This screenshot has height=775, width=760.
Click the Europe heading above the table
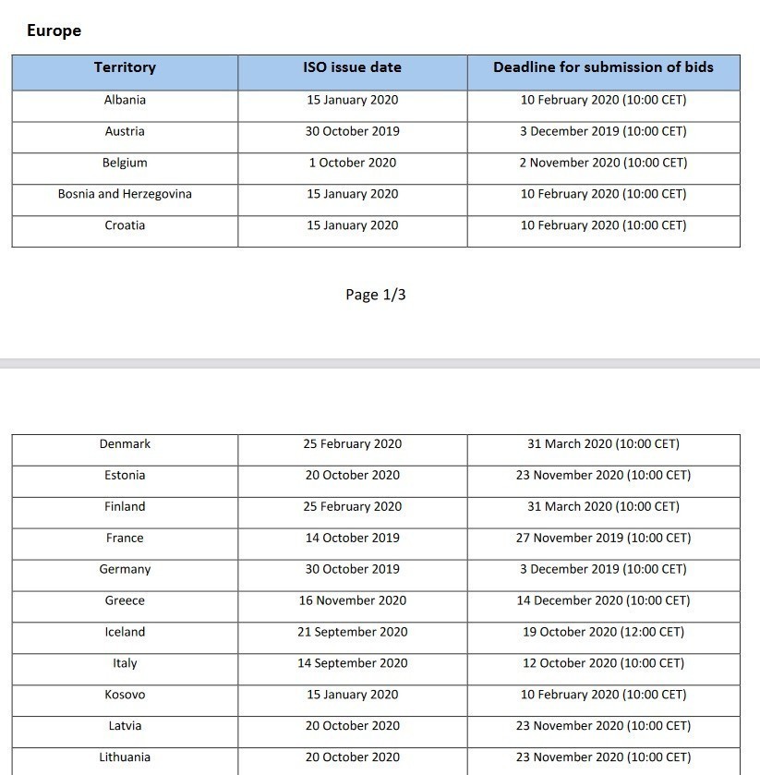pyautogui.click(x=54, y=30)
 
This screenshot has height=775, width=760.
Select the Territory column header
pyautogui.click(x=125, y=67)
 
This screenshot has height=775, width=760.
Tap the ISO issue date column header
pyautogui.click(x=352, y=67)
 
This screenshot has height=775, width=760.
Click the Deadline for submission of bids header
pyautogui.click(x=603, y=67)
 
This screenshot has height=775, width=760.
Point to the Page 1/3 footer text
pyautogui.click(x=376, y=295)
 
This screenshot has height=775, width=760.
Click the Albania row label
pyautogui.click(x=125, y=100)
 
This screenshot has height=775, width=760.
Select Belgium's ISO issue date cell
pyautogui.click(x=352, y=163)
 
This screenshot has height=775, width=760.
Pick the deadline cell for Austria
pyautogui.click(x=603, y=131)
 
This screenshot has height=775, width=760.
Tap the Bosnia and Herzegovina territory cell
pyautogui.click(x=125, y=194)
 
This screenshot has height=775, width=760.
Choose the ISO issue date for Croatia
pyautogui.click(x=352, y=225)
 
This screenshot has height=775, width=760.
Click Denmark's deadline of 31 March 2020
pyautogui.click(x=603, y=444)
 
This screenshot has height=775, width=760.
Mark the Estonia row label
pyautogui.click(x=125, y=476)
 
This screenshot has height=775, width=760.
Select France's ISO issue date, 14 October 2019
pyautogui.click(x=352, y=539)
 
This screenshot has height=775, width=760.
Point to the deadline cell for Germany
pyautogui.click(x=603, y=570)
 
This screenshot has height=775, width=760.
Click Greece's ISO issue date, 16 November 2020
pyautogui.click(x=352, y=601)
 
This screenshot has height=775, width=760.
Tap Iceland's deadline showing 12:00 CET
pyautogui.click(x=603, y=633)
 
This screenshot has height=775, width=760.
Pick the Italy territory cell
pyautogui.click(x=125, y=664)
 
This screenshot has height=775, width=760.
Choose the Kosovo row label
pyautogui.click(x=125, y=695)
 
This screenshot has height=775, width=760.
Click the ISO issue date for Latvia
pyautogui.click(x=352, y=726)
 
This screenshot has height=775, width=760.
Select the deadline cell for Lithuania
pyautogui.click(x=603, y=757)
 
